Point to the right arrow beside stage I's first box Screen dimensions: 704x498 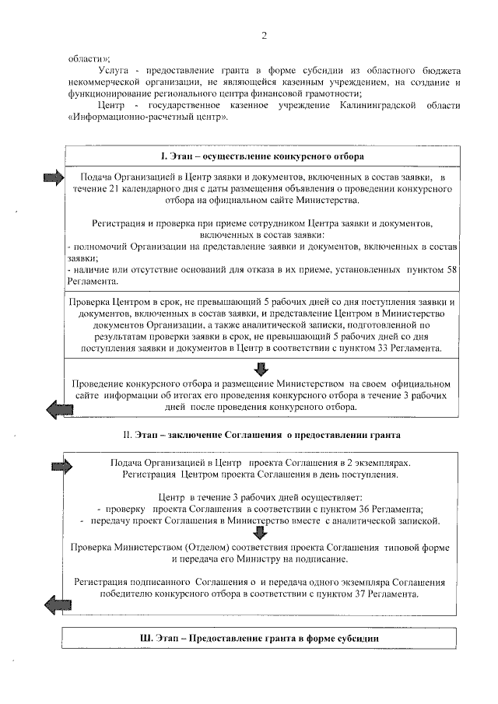point(53,178)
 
